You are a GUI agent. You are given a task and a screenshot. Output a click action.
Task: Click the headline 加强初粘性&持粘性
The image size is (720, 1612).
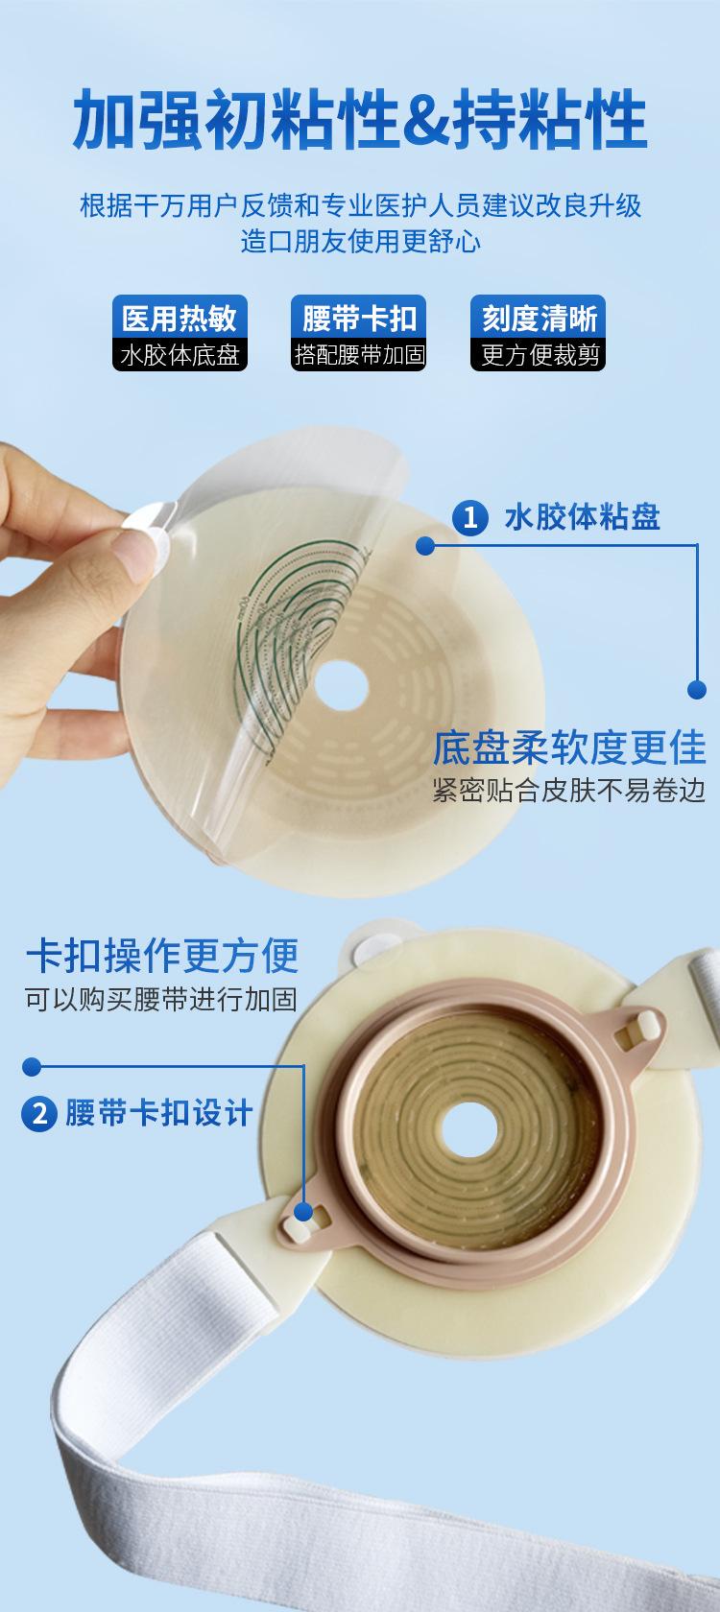[x=360, y=119]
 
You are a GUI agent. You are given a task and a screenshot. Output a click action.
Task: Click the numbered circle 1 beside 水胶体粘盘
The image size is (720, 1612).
[x=470, y=517]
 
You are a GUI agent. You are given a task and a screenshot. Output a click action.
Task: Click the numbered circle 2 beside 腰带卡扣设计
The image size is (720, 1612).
[x=39, y=1113]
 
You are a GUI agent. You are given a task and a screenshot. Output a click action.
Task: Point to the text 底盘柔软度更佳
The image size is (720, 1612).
[x=568, y=747]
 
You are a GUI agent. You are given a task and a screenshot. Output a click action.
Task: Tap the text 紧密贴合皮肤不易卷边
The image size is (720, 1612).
[x=568, y=791]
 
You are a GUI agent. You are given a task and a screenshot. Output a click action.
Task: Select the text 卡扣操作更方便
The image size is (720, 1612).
[x=162, y=956]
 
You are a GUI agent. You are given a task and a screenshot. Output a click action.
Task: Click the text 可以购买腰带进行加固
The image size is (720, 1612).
[x=161, y=999]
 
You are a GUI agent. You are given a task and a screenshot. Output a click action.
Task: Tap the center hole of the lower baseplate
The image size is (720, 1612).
[x=468, y=1129]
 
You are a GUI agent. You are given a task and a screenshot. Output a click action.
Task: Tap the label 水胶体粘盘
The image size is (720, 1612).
[x=583, y=517]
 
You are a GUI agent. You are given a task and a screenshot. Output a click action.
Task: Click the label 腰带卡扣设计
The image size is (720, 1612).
[x=159, y=1113]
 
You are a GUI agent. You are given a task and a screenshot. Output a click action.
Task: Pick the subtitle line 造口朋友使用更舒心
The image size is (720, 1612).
[x=360, y=241]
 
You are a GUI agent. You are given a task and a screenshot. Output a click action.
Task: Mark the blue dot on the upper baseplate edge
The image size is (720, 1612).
[x=425, y=545]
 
